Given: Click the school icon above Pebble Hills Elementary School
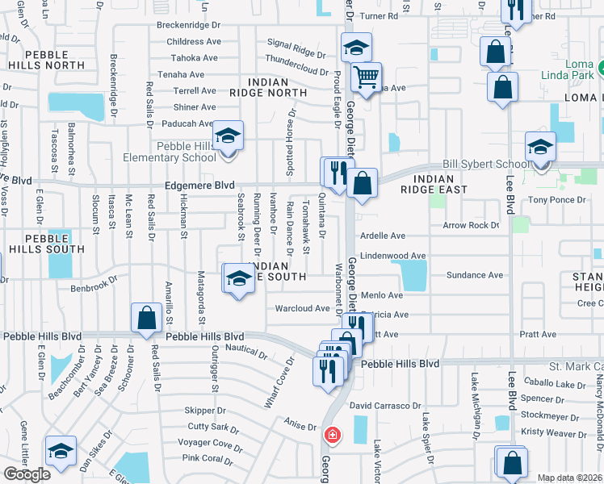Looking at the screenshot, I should pyautogui.click(x=228, y=135).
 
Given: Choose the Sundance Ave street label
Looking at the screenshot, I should pyautogui.click(x=476, y=275).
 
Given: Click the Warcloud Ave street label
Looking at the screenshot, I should pyautogui.click(x=303, y=308).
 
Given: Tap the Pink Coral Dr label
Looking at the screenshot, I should pyautogui.click(x=208, y=459).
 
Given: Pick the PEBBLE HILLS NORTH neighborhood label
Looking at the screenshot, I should pyautogui.click(x=47, y=59).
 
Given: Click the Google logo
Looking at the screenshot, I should pyautogui.click(x=26, y=474).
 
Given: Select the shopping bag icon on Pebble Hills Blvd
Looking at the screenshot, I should pyautogui.click(x=147, y=319).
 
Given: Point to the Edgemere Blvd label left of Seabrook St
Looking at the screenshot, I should pyautogui.click(x=193, y=185).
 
